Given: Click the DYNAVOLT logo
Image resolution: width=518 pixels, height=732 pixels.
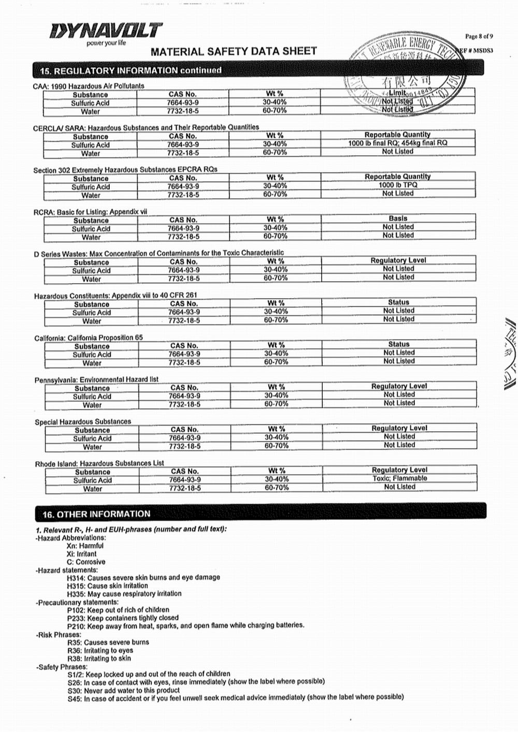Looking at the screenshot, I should click(x=106, y=31).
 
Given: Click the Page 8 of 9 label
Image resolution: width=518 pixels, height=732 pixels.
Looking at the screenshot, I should click(x=479, y=36).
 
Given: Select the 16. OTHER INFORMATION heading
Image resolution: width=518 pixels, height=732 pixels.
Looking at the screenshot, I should click(x=96, y=514).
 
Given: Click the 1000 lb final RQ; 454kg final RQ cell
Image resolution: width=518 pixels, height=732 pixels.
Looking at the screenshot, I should click(x=397, y=143).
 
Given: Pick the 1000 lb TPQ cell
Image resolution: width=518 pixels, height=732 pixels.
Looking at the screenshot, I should click(x=397, y=185).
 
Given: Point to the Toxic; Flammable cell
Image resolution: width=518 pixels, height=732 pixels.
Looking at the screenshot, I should click(x=399, y=478).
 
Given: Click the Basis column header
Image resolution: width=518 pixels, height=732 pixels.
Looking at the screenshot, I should click(x=398, y=218).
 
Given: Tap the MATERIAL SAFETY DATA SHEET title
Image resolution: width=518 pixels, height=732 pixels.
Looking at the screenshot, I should click(x=234, y=51).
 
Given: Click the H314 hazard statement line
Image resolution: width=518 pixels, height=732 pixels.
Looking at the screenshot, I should click(x=143, y=577).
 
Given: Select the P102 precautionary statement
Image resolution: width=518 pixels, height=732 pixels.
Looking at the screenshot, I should click(x=118, y=610).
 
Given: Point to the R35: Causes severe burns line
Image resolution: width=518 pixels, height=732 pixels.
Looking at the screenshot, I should click(x=108, y=642).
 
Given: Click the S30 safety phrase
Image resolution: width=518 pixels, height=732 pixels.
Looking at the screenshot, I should click(x=124, y=690).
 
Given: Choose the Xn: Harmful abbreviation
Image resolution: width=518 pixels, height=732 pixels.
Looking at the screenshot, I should click(x=85, y=546).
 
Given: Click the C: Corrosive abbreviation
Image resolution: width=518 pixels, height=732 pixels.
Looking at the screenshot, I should click(x=85, y=562).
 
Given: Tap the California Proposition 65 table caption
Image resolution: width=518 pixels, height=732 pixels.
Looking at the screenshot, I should click(x=89, y=338).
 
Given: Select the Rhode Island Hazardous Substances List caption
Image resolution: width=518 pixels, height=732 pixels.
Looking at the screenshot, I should click(x=99, y=464).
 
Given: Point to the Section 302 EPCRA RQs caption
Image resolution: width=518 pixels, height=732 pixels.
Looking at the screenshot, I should click(x=125, y=170).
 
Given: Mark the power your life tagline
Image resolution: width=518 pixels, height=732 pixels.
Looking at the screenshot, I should click(x=106, y=43).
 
